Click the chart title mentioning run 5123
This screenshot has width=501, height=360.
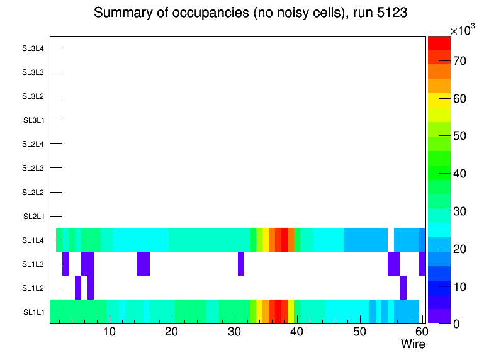250,13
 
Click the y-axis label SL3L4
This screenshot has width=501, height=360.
33,48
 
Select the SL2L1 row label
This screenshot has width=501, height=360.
34,217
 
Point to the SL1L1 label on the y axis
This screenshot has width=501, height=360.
34,312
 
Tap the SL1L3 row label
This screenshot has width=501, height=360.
34,264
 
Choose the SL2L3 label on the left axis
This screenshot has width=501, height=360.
33,168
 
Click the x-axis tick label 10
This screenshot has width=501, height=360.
110,332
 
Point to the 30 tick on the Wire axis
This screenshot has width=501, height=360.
234,332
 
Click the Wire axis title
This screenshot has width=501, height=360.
413,344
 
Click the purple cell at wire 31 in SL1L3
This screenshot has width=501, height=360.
241,264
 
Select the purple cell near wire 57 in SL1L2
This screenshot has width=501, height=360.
403,288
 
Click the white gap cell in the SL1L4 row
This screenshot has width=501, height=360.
391,240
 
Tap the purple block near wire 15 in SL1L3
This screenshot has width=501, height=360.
144,264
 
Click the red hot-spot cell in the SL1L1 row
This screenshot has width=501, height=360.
278,312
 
